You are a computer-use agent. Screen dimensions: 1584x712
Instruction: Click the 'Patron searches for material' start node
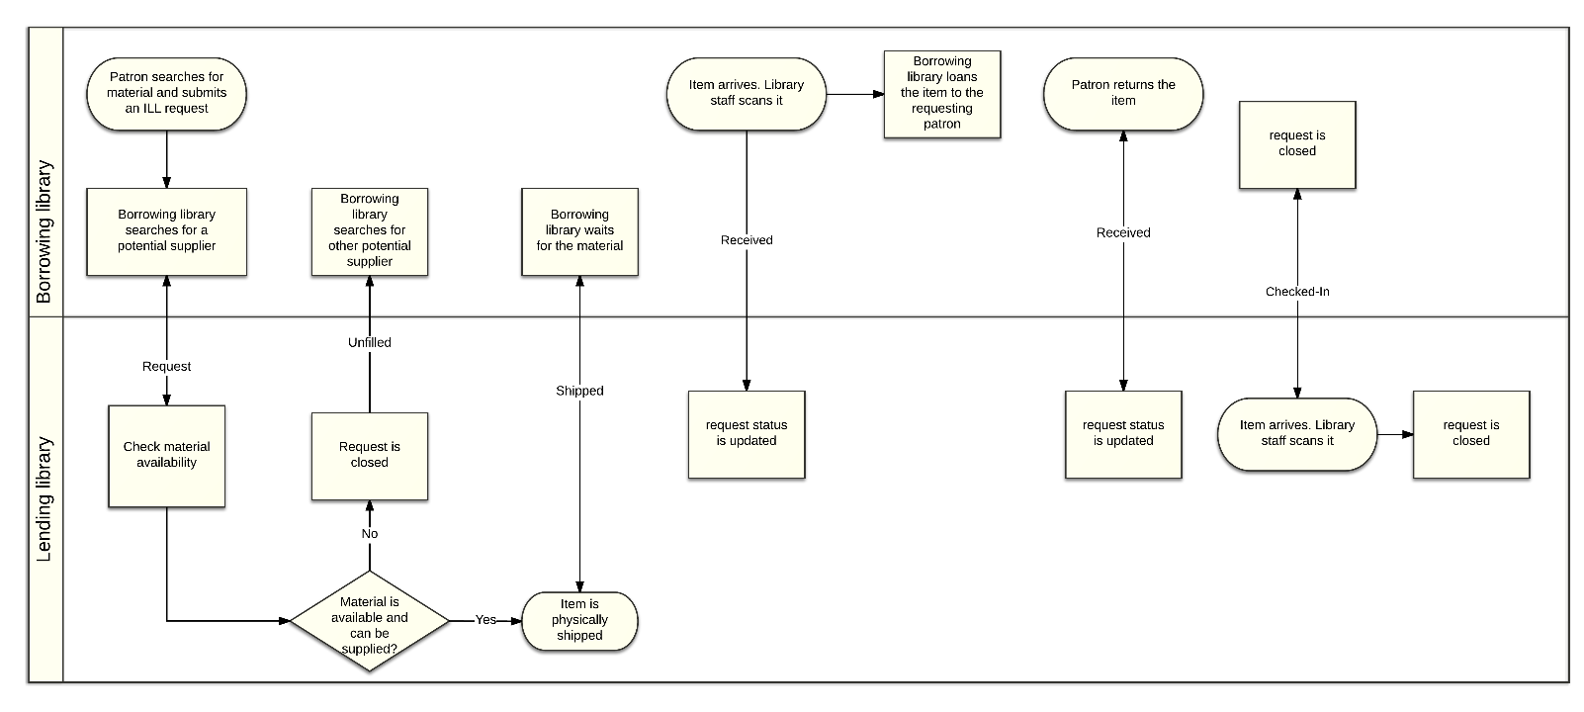[166, 93]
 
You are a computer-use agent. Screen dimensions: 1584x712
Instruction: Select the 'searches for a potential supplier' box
[166, 231]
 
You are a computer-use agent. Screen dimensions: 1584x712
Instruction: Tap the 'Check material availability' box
[166, 455]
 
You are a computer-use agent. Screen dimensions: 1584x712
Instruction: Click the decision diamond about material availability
[369, 621]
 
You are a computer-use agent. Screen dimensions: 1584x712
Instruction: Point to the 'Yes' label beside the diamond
[485, 619]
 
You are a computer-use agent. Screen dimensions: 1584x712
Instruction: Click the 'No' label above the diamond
[369, 534]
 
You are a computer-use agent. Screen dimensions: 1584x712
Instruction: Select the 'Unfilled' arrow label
[369, 342]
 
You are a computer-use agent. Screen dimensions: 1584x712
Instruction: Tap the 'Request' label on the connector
[166, 366]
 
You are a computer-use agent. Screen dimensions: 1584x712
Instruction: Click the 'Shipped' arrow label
[579, 391]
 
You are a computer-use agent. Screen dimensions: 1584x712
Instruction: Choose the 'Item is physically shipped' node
[579, 620]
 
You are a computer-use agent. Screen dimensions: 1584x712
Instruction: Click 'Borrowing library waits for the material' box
[579, 231]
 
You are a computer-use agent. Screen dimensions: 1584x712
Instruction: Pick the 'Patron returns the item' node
[1123, 93]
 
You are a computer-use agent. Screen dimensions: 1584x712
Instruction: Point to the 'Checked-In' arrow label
[1297, 292]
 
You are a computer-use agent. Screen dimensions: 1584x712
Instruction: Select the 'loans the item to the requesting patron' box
[942, 94]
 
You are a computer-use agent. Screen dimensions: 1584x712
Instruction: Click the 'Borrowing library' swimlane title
[44, 231]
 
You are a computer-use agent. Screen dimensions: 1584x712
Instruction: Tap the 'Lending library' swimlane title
[44, 499]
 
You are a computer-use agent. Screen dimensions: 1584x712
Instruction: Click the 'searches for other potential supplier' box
[369, 231]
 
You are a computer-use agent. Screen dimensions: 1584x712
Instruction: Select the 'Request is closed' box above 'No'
[369, 456]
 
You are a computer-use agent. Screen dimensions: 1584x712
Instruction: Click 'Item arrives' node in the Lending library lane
[1297, 433]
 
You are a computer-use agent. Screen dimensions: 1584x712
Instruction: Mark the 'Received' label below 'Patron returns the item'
[1123, 232]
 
